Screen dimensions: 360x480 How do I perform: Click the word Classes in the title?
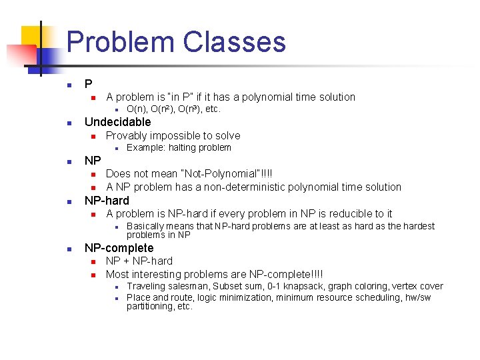[234, 41]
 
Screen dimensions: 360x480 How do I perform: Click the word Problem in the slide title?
[121, 41]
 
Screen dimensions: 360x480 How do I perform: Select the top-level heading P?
[88, 84]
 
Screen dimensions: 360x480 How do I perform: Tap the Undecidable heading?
[117, 122]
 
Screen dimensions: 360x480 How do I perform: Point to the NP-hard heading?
[107, 200]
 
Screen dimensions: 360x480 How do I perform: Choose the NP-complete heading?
[119, 248]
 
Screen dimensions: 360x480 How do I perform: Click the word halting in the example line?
[182, 148]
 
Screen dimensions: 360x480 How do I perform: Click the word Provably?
[128, 135]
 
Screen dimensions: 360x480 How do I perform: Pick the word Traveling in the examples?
[145, 286]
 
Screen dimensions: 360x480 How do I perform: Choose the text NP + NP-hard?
[139, 261]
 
